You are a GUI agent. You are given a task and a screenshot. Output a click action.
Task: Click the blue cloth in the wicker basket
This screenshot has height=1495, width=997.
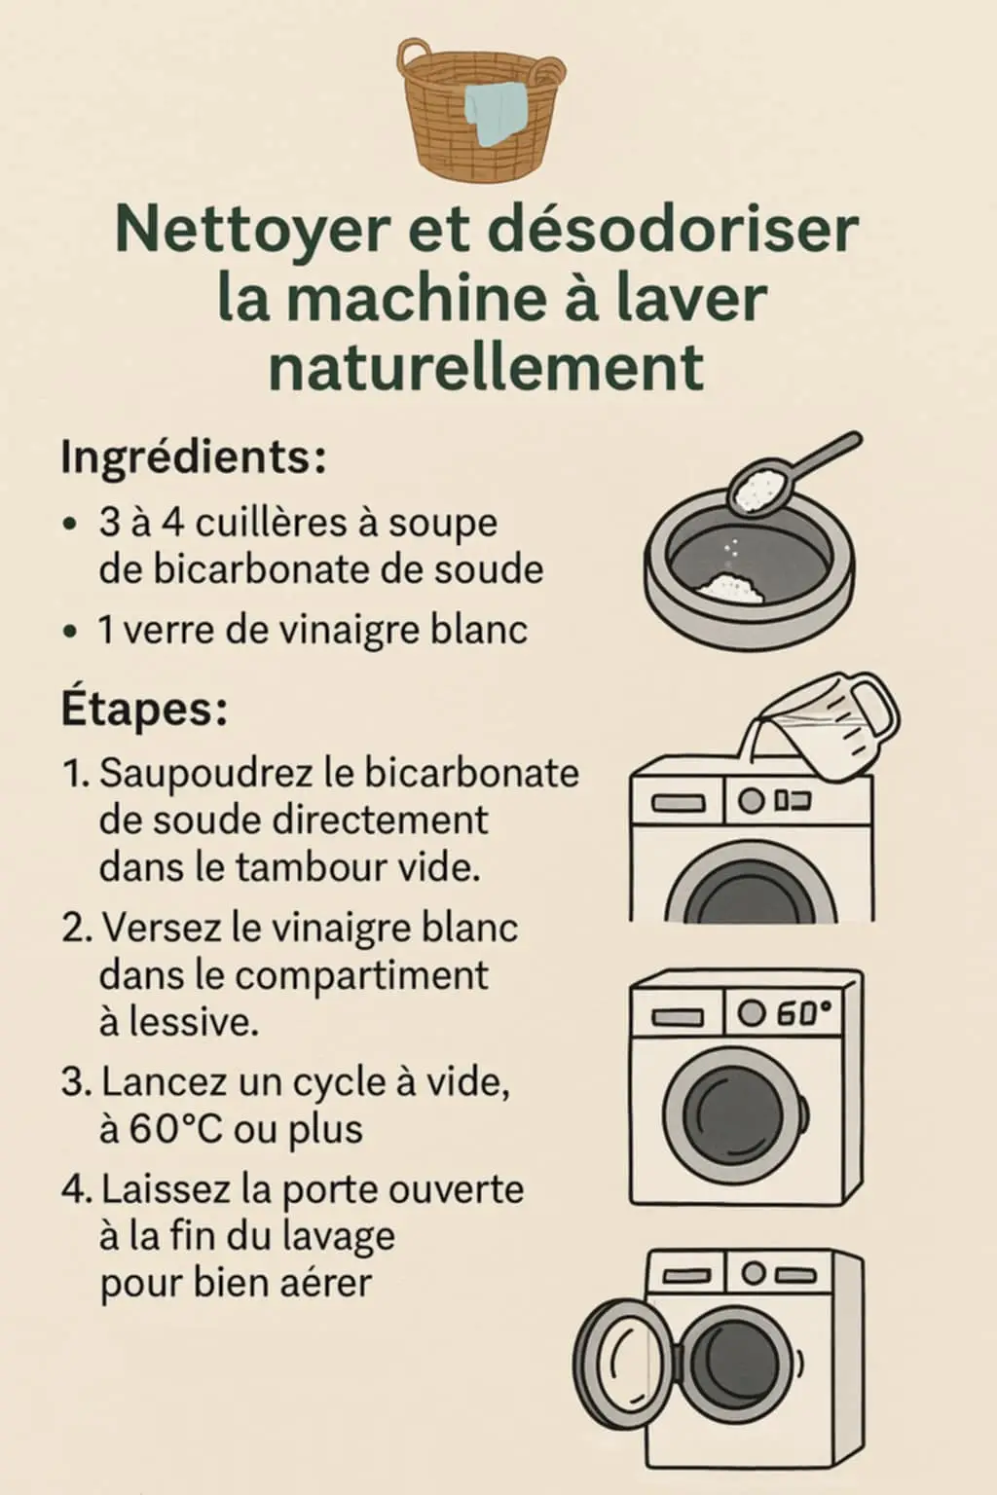pyautogui.click(x=496, y=114)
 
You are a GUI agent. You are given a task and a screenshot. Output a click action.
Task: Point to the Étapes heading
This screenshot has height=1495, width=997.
pyautogui.click(x=144, y=710)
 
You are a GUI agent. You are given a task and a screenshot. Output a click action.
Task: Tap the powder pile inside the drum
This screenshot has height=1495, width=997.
pyautogui.click(x=730, y=588)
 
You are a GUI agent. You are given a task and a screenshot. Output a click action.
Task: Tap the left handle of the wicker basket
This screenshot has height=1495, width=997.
pyautogui.click(x=414, y=56)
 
